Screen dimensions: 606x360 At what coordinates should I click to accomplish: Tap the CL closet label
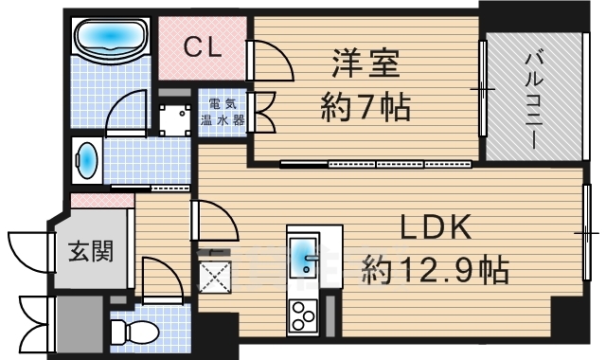coord(202,47)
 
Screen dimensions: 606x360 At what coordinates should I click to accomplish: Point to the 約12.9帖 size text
coord(436,270)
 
